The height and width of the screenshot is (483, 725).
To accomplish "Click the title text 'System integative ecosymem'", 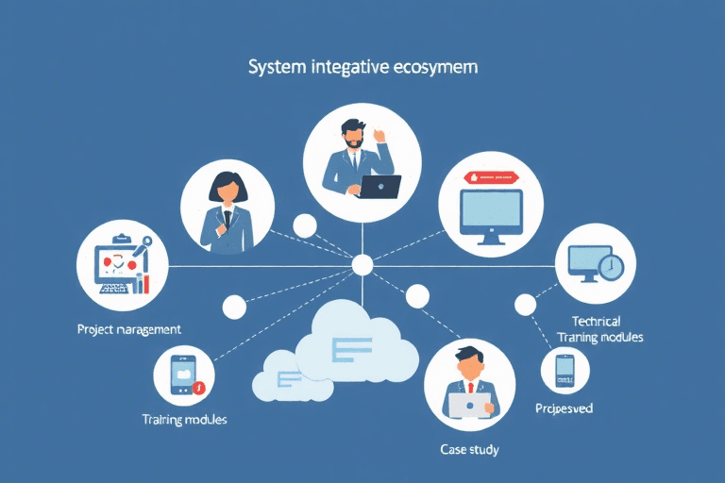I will point(362,68).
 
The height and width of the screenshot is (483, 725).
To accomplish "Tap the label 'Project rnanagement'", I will point(129,329).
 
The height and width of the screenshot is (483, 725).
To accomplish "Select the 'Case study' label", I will point(469,449).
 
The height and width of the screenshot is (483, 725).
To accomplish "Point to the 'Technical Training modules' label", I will point(600,329).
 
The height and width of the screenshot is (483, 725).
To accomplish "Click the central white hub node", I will point(362,265).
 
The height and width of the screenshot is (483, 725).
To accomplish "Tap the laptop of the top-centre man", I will point(377,186).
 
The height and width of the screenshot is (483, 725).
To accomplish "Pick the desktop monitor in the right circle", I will point(491,216).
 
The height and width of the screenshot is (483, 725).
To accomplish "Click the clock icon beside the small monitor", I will point(611,267).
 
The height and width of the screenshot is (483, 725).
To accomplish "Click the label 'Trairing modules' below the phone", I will point(184,418).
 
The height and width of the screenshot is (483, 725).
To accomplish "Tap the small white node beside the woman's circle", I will point(304,225).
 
